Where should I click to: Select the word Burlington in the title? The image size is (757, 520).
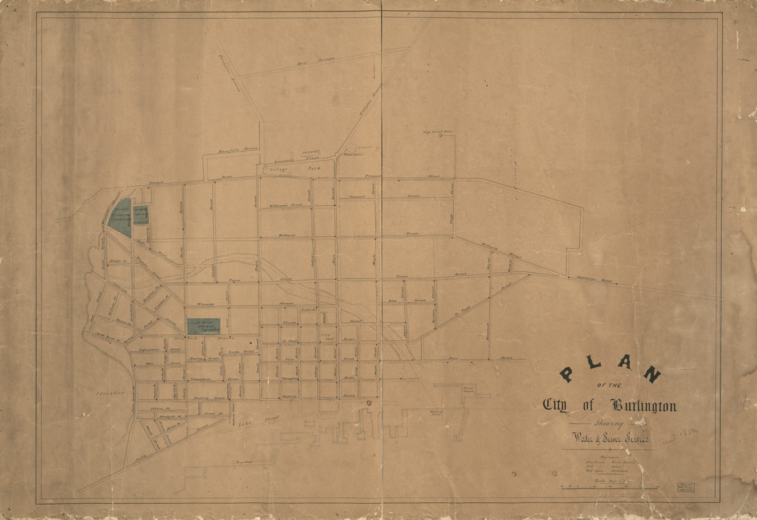pyautogui.click(x=641, y=406)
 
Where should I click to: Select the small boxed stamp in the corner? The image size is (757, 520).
pyautogui.click(x=685, y=487)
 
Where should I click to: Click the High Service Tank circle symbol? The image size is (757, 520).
pyautogui.click(x=440, y=136)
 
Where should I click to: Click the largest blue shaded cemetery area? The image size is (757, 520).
pyautogui.click(x=119, y=217)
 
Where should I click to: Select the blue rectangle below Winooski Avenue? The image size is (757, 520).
pyautogui.click(x=203, y=326)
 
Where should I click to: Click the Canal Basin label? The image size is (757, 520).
pyautogui.click(x=470, y=389)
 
